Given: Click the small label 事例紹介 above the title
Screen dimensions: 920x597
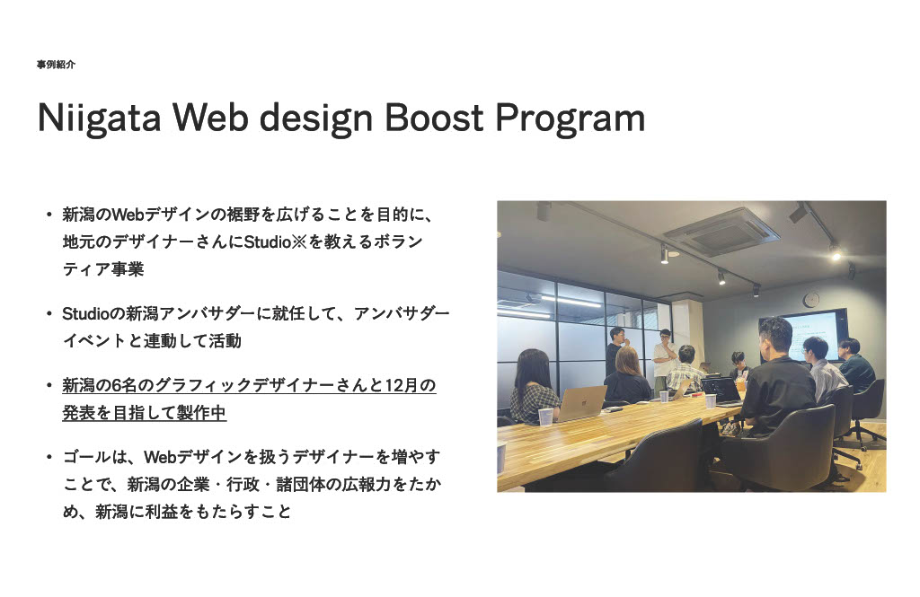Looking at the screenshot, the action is point(56,65).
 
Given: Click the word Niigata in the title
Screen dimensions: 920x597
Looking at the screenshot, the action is point(99,119).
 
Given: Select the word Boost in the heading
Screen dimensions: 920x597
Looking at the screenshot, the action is point(434,118).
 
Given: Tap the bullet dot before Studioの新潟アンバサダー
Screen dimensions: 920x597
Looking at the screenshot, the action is point(49,313).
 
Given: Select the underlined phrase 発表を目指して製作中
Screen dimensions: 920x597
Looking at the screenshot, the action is point(145,413).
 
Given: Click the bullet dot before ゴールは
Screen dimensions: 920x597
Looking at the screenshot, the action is point(49,457).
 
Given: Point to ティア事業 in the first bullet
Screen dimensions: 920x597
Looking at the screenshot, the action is point(103,269).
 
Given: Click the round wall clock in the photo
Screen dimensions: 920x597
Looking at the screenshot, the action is point(811,300).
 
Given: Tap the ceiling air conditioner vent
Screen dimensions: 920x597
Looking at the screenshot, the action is point(721,233).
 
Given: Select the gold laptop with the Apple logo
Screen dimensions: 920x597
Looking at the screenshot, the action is point(581,403).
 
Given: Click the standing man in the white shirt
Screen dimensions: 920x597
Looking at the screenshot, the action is point(665,357).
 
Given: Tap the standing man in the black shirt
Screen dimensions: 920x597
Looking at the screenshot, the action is point(616,351).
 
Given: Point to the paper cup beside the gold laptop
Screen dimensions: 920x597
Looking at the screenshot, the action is point(545,417).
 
